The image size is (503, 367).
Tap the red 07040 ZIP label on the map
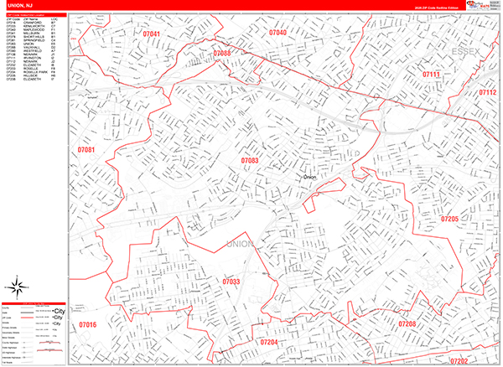click(277, 33)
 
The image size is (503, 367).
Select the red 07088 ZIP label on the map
click(222, 53)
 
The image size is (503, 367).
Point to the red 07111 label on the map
click(431, 75)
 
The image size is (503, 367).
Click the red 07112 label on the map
click(488, 92)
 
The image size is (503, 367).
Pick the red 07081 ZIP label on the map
click(86, 150)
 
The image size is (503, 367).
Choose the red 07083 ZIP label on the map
click(250, 159)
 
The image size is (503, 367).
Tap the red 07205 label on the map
click(449, 219)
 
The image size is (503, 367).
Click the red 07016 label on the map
click(88, 324)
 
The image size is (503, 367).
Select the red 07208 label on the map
click(407, 323)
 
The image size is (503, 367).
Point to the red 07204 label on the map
click(270, 342)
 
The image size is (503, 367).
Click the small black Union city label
click(309, 178)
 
